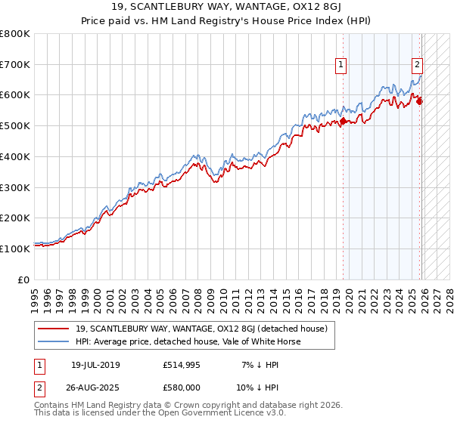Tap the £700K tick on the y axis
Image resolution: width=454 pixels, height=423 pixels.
(15, 64)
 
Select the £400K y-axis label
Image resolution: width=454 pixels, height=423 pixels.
(15, 156)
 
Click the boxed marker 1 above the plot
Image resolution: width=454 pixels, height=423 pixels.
(341, 66)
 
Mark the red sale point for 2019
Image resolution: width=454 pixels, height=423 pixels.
(344, 121)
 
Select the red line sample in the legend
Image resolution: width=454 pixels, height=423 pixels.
(53, 329)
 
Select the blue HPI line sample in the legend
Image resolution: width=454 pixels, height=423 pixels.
(53, 341)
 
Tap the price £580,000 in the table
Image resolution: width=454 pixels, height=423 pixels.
(182, 387)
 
